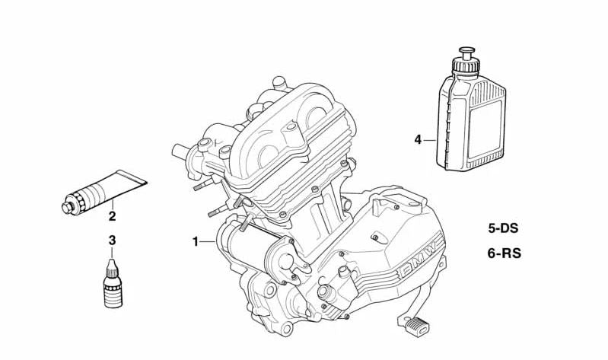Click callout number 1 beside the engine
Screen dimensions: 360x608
(x=195, y=242)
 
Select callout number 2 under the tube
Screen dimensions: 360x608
(x=112, y=216)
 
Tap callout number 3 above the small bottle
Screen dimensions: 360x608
(x=112, y=241)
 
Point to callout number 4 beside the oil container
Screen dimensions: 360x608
(x=418, y=139)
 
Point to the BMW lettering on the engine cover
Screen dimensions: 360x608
(x=417, y=258)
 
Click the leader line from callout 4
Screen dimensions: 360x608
(x=430, y=140)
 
